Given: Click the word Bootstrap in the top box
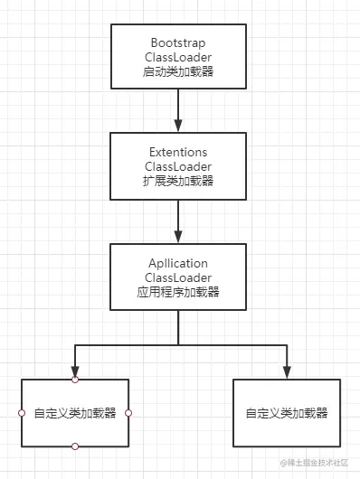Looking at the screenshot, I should [177, 43].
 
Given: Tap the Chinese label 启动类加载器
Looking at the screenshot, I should [177, 71].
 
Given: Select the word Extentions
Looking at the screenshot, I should [177, 153].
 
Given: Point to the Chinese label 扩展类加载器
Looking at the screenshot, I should [177, 181].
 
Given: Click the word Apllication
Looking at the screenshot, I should [177, 263].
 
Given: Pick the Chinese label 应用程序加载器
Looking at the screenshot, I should [177, 291].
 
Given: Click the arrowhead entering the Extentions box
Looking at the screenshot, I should [178, 126].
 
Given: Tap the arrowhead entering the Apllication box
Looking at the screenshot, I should [178, 236].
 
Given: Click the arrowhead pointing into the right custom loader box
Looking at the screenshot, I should [287, 371].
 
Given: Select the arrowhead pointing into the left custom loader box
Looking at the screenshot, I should [75, 371].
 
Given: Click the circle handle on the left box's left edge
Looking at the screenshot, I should [21, 413].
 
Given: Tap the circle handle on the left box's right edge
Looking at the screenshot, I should [128, 413].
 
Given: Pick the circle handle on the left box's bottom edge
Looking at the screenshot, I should [75, 446].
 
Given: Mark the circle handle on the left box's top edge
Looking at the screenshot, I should [75, 380].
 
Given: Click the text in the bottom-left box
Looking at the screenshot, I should [75, 414].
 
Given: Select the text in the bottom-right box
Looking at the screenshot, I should [286, 414].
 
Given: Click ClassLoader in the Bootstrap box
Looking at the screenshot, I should [177, 57].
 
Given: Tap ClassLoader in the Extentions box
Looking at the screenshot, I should [177, 167].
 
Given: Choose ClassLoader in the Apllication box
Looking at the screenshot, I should [177, 277].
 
